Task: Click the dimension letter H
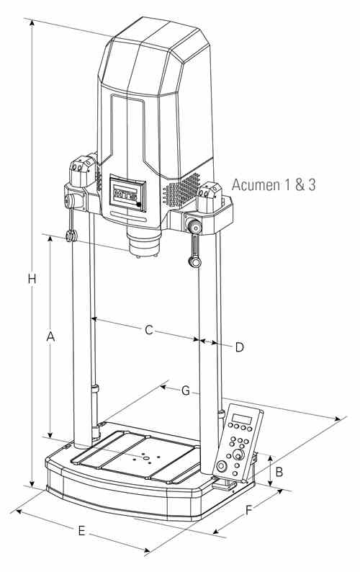(x=32, y=279)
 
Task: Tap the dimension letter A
(x=50, y=336)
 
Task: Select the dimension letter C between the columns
(x=148, y=329)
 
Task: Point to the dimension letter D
(x=239, y=347)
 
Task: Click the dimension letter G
(x=186, y=390)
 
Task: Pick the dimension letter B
(x=279, y=472)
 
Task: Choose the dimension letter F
(x=248, y=510)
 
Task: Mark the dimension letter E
(x=81, y=531)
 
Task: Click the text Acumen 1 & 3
(x=274, y=184)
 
